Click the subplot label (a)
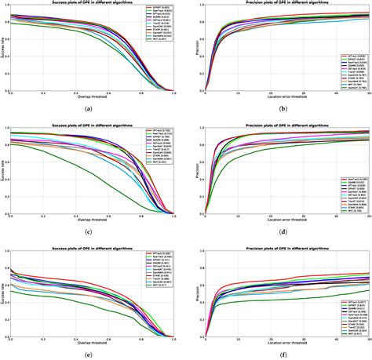click(x=91, y=108)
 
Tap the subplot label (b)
click(x=279, y=108)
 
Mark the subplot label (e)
click(x=91, y=353)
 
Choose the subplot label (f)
click(x=279, y=353)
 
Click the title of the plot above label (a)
click(x=92, y=5)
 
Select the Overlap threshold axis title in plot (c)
click(x=92, y=220)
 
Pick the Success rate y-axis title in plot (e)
click(x=3, y=293)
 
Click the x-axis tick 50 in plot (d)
click(x=368, y=216)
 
